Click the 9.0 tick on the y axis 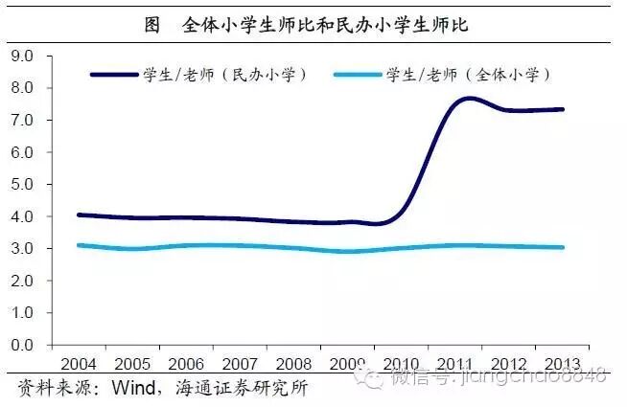pyautogui.click(x=21, y=57)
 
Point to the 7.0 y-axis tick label pyautogui.click(x=21, y=121)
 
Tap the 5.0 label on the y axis pyautogui.click(x=21, y=185)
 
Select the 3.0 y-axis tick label pyautogui.click(x=21, y=249)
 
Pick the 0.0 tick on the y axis pyautogui.click(x=21, y=345)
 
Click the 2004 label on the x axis pyautogui.click(x=79, y=365)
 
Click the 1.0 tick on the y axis pyautogui.click(x=21, y=313)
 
